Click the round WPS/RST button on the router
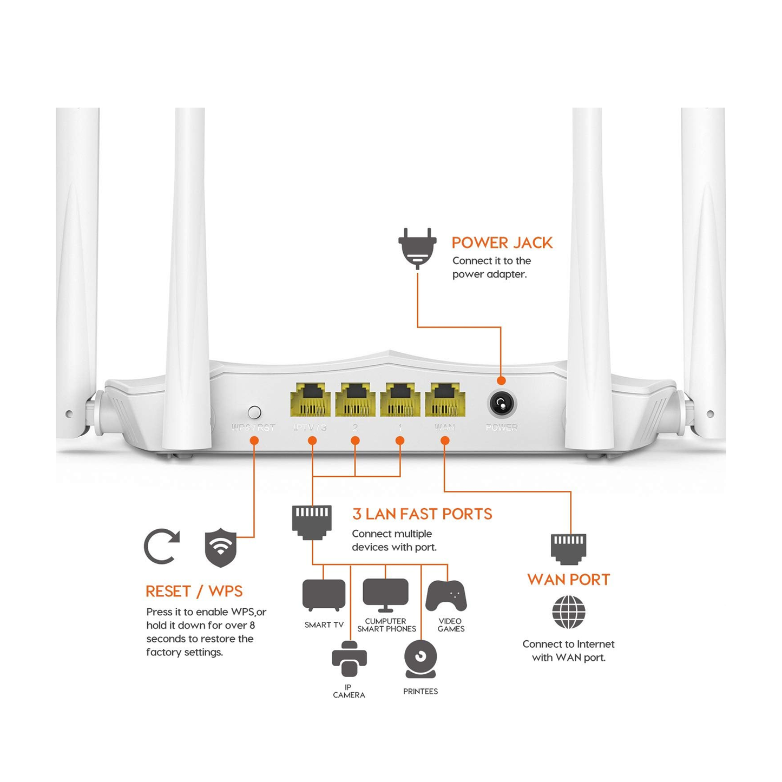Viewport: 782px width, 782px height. tap(254, 412)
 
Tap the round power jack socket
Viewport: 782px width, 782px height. tap(502, 404)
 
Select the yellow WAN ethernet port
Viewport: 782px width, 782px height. tap(445, 400)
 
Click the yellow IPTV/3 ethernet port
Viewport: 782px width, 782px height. tap(311, 400)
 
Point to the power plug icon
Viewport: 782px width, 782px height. tap(417, 248)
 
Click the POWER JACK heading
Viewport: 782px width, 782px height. tap(502, 243)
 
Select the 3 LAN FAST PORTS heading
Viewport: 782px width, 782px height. tap(422, 514)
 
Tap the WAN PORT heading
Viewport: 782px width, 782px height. tap(568, 580)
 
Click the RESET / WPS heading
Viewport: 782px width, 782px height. tap(194, 592)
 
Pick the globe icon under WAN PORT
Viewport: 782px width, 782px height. tap(568, 612)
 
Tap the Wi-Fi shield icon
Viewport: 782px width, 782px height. tap(220, 548)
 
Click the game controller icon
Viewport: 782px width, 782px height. tap(446, 596)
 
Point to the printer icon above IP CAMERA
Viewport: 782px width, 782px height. tap(349, 659)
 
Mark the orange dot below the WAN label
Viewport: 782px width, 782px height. tap(445, 441)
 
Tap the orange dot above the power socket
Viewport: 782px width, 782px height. tap(501, 380)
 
